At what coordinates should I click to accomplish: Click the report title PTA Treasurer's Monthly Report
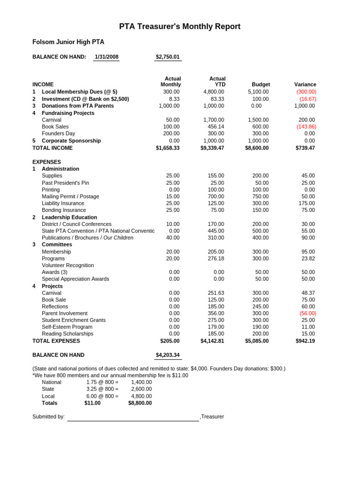coord(180,27)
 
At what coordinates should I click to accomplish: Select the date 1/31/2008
coord(106,57)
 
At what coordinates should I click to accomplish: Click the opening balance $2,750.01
coord(168,57)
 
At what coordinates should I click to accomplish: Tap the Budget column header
coord(261,84)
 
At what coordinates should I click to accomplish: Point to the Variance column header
coord(305,84)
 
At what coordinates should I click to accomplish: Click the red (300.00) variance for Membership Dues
coord(306,92)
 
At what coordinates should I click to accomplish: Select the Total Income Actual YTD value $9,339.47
coord(212,148)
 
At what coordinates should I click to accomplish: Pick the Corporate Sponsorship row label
coord(71,141)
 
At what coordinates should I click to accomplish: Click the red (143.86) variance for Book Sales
coord(306,127)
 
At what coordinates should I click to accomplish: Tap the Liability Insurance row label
coord(63,203)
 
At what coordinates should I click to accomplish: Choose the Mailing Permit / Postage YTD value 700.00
coord(216,196)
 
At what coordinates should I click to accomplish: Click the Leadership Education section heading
coord(69,217)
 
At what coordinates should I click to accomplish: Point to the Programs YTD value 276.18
coord(216,258)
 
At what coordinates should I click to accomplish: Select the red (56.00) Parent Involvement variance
coord(307,313)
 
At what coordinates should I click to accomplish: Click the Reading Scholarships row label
coord(67,334)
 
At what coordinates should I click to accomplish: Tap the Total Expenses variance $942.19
coord(305,341)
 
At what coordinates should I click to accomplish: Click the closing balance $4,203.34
coord(168,355)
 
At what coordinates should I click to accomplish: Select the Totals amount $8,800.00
coord(140,403)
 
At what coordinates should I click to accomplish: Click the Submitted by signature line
coord(133,417)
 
